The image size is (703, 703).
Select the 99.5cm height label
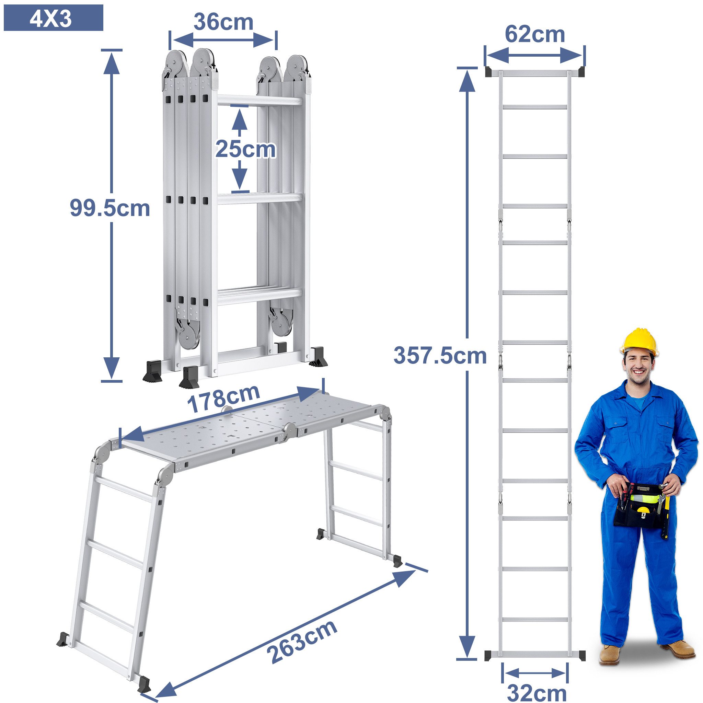tap(110, 208)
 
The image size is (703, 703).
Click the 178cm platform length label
tap(223, 399)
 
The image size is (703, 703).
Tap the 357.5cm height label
tap(440, 356)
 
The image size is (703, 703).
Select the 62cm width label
tap(534, 35)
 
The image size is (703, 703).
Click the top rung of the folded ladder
tap(260, 101)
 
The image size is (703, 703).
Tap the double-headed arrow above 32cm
tap(534, 673)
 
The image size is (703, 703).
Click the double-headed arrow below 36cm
tap(223, 40)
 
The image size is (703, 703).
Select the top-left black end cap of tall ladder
tap(489, 72)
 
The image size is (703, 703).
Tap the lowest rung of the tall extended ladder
tap(534, 620)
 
